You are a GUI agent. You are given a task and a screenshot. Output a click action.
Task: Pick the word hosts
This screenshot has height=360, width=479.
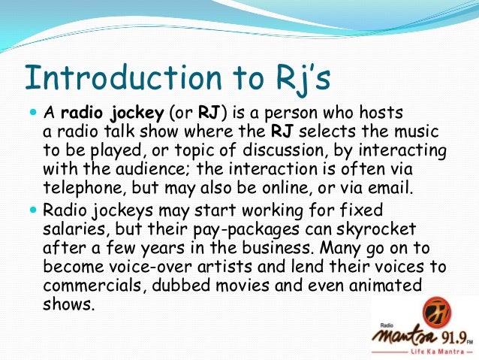[383, 113]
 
